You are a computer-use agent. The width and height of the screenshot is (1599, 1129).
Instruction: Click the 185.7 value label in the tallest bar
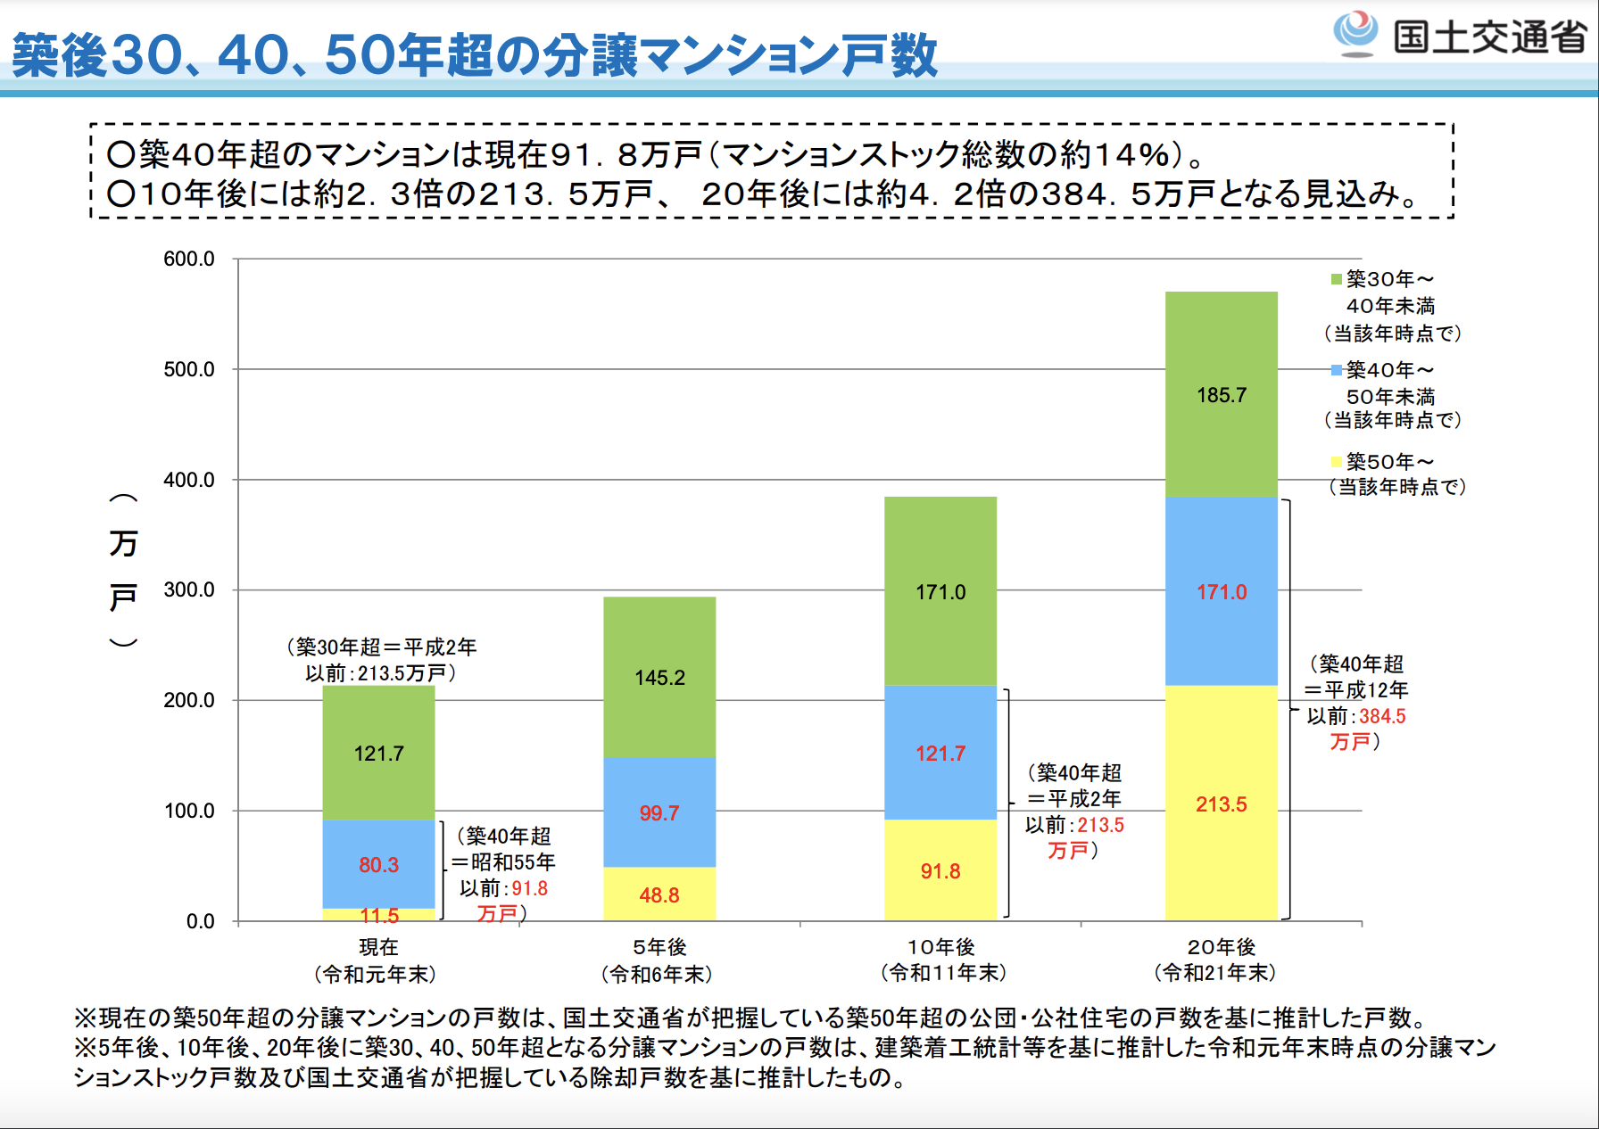[x=1221, y=395]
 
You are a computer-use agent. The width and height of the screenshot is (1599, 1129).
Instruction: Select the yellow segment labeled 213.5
[x=1221, y=803]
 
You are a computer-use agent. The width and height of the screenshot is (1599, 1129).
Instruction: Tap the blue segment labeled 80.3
[x=378, y=864]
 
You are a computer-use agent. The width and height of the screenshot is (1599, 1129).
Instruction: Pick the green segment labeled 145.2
[x=659, y=678]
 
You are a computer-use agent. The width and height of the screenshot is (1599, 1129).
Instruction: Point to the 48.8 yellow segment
[x=659, y=894]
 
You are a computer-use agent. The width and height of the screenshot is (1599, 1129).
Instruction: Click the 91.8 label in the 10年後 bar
[x=940, y=871]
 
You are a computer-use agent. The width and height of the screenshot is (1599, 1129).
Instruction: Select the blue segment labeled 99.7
[x=659, y=812]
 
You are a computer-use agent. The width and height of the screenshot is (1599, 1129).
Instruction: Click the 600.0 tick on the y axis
[x=189, y=259]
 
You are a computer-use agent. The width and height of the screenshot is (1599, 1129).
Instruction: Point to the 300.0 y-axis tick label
[x=189, y=589]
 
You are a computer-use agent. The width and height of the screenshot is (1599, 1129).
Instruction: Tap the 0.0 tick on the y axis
[x=200, y=921]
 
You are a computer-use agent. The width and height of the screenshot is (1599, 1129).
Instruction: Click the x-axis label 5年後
[x=659, y=947]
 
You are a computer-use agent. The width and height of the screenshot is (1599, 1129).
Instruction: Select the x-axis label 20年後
[x=1221, y=947]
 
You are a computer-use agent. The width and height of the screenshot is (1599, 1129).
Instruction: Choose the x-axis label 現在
[x=378, y=947]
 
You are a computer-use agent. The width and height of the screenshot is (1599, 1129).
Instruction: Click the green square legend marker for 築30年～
[x=1336, y=280]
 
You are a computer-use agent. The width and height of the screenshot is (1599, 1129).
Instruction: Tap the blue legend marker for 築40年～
[x=1336, y=370]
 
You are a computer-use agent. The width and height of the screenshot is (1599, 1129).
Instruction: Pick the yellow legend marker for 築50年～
[x=1336, y=462]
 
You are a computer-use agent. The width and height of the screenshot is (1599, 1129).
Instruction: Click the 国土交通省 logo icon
[x=1355, y=33]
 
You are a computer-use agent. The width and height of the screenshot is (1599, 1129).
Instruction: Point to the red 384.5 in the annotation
[x=1382, y=716]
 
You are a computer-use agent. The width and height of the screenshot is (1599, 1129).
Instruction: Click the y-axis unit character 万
[x=123, y=543]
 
